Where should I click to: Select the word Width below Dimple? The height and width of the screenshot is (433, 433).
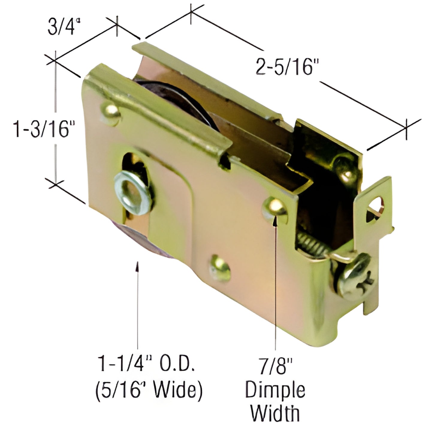275,413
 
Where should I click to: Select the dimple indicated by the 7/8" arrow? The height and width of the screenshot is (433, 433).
274,207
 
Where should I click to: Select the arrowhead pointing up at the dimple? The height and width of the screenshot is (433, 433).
275,220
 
